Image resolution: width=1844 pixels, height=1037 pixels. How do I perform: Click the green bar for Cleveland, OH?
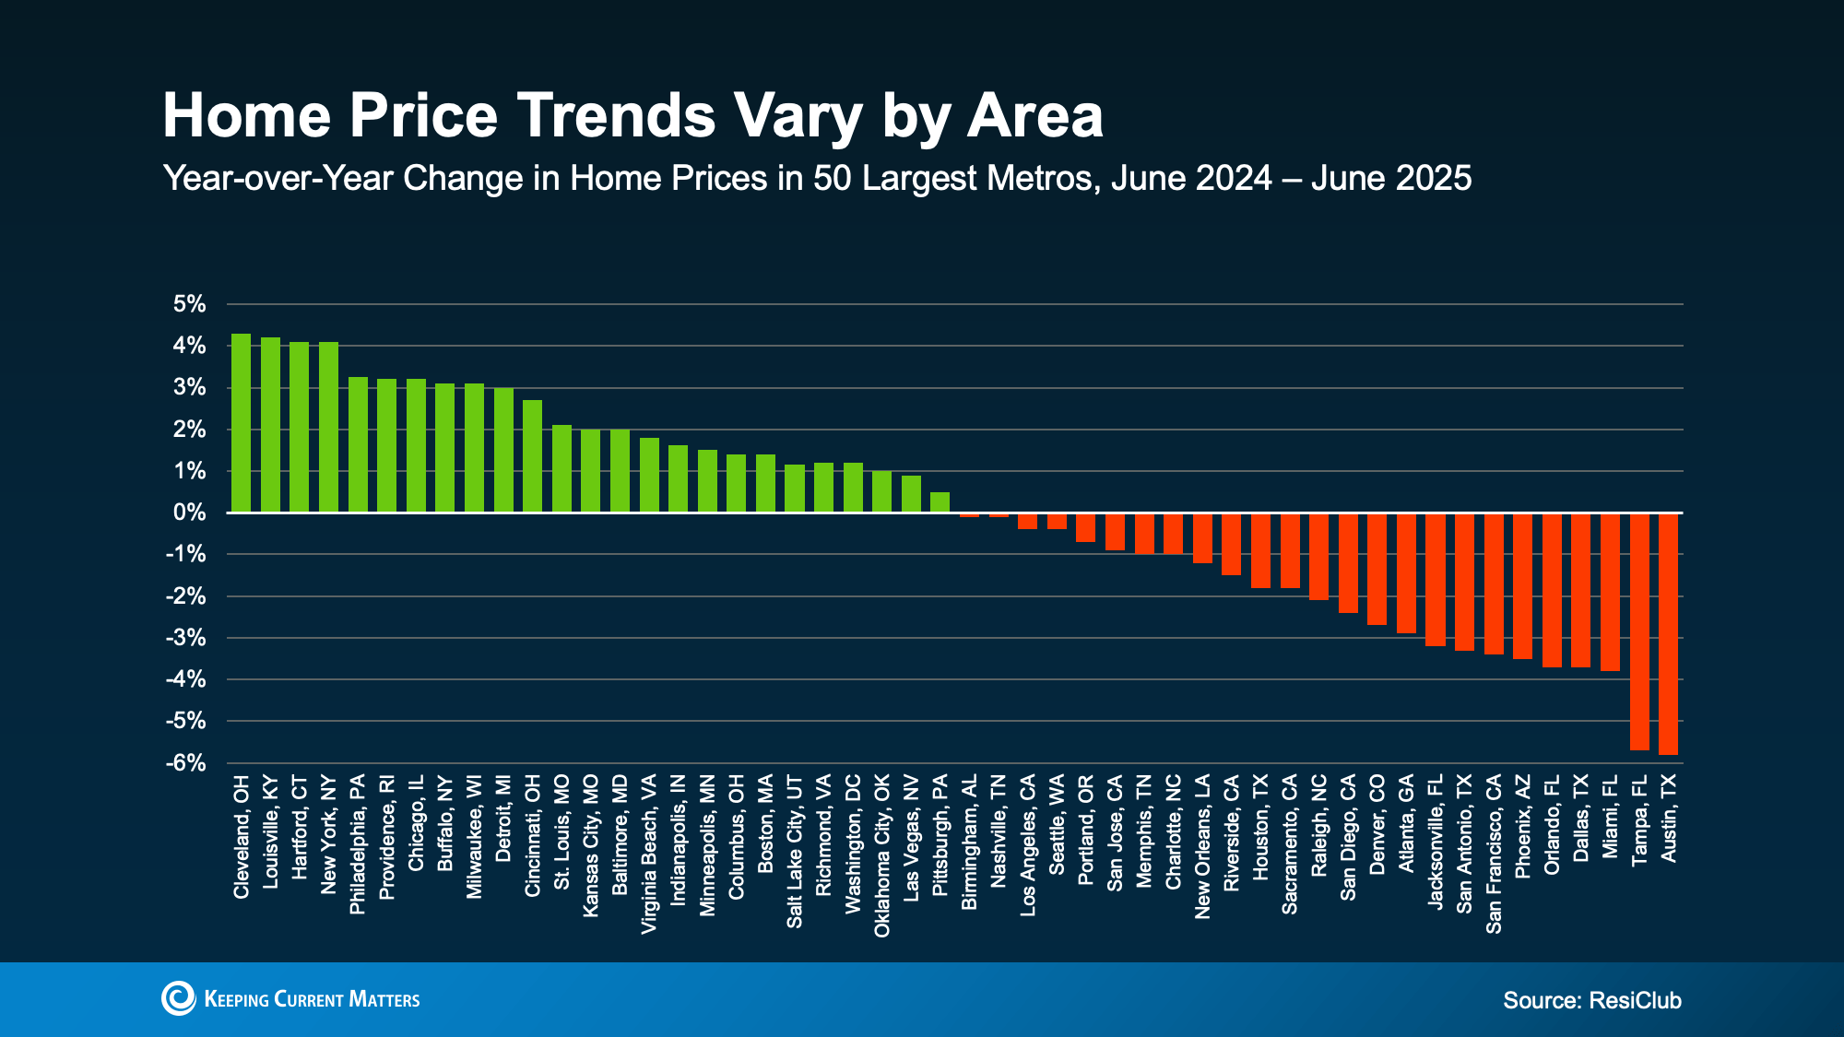click(241, 423)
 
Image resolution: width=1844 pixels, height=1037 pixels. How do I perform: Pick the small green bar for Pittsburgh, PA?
click(940, 502)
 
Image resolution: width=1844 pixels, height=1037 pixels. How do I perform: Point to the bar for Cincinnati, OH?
click(532, 456)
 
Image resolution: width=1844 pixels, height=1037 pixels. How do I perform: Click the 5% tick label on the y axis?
click(189, 304)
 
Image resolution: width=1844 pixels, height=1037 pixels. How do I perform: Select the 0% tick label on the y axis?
click(189, 513)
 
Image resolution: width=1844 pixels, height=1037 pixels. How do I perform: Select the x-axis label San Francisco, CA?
click(1494, 854)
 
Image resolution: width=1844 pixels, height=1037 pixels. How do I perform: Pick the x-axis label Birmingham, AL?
click(969, 843)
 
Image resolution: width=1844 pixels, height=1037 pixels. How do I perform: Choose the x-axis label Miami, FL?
click(1610, 817)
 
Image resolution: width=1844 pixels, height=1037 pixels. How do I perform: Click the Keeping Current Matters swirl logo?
click(179, 998)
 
